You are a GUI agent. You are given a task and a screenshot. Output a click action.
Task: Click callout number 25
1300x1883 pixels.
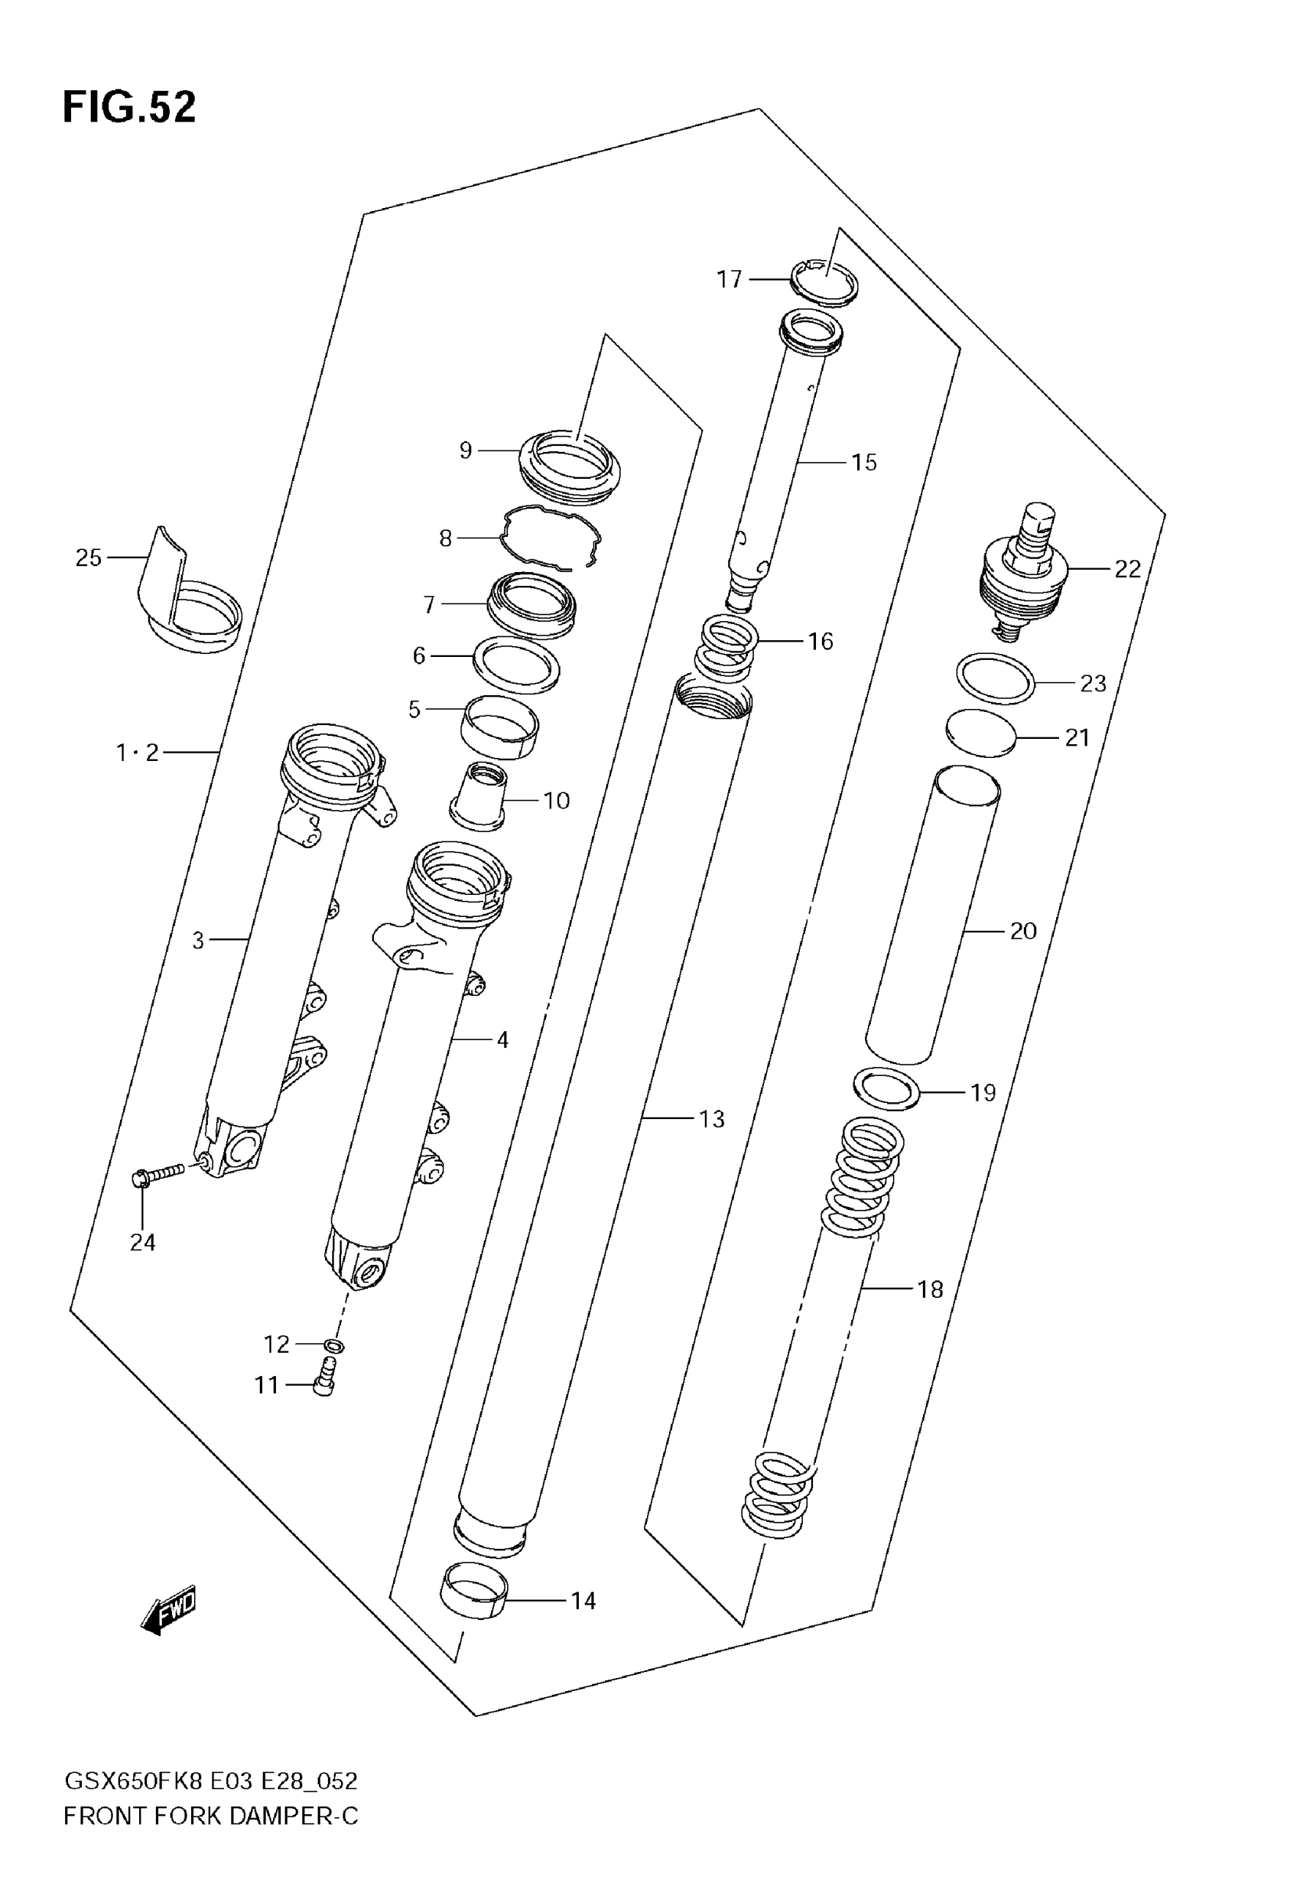click(88, 558)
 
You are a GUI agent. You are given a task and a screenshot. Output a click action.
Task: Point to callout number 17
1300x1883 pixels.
click(729, 279)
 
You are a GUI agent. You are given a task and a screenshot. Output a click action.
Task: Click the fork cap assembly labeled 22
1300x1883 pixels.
click(1022, 574)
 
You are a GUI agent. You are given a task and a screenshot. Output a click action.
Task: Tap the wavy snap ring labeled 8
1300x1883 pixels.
click(551, 538)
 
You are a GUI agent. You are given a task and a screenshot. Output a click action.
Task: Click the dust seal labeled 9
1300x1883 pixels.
click(570, 466)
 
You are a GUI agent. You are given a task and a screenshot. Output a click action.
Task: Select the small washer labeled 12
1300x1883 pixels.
click(333, 1345)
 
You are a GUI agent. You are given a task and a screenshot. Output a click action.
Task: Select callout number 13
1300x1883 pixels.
click(711, 1119)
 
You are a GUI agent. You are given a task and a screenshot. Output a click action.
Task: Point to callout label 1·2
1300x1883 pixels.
click(137, 753)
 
